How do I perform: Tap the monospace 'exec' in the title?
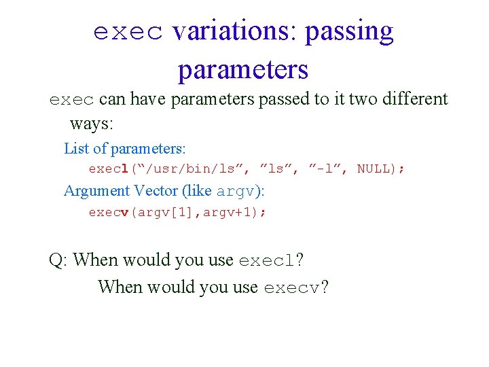tap(128, 32)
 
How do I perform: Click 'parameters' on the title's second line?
tap(243, 69)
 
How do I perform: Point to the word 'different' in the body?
tap(411, 99)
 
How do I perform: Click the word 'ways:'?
tap(92, 124)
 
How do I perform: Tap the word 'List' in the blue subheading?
tap(76, 148)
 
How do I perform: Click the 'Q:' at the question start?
tap(58, 260)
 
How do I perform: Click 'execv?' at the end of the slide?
tap(295, 287)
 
